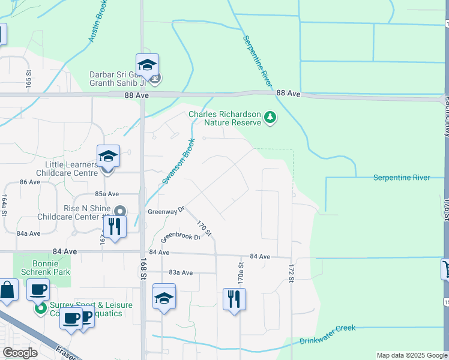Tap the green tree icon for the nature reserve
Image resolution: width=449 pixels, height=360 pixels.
(x=270, y=118)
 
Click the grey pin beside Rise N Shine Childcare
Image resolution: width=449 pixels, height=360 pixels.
(x=119, y=211)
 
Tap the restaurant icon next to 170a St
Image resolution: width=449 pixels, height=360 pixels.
(x=234, y=298)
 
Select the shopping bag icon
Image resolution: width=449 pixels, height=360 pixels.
(x=8, y=291)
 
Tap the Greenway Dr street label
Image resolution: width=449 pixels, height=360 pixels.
(x=165, y=211)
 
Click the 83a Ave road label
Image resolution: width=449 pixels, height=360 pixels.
(x=181, y=272)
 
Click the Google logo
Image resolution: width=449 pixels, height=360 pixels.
(x=20, y=353)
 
